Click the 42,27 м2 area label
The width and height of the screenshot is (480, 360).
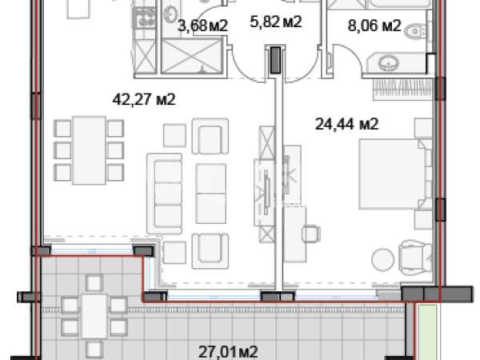(144, 99)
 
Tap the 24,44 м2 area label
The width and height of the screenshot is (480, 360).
(347, 124)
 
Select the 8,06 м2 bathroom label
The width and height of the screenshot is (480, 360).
(374, 26)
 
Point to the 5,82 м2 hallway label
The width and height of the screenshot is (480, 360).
(276, 22)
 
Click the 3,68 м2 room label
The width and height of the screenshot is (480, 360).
(203, 26)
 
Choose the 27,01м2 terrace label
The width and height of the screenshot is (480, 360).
(228, 352)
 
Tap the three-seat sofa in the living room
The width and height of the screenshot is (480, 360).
(165, 194)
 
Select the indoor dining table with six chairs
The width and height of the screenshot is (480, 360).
(89, 150)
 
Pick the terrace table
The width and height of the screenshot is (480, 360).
(94, 316)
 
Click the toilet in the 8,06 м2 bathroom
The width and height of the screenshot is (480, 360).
(416, 31)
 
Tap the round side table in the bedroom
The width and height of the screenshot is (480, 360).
(382, 259)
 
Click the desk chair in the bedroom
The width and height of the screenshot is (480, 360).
(311, 234)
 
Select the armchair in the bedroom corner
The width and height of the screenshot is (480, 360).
(415, 256)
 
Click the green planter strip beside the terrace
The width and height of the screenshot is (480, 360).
(428, 332)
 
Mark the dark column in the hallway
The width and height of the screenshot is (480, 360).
(275, 60)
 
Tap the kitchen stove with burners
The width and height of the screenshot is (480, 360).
(145, 18)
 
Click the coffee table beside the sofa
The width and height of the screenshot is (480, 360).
(211, 194)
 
